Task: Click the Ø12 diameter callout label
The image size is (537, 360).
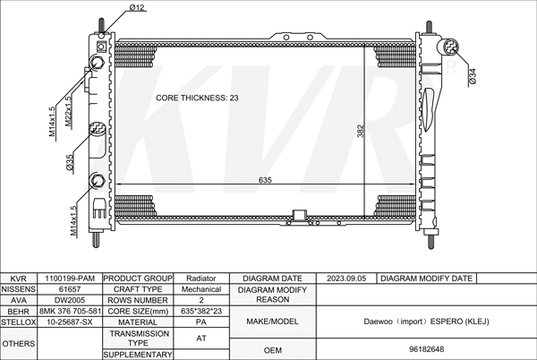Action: tap(137, 7)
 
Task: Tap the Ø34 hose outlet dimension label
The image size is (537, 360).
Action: tap(473, 76)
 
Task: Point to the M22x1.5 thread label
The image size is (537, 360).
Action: tap(69, 111)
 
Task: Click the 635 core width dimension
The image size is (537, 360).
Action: tap(265, 180)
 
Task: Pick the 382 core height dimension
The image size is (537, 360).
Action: tap(361, 131)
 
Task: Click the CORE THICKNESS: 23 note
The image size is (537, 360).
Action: tap(197, 98)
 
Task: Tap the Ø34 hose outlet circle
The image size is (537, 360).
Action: tap(451, 47)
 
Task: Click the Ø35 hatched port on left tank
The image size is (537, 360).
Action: tap(97, 128)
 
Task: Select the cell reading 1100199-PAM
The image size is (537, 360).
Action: tap(70, 279)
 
